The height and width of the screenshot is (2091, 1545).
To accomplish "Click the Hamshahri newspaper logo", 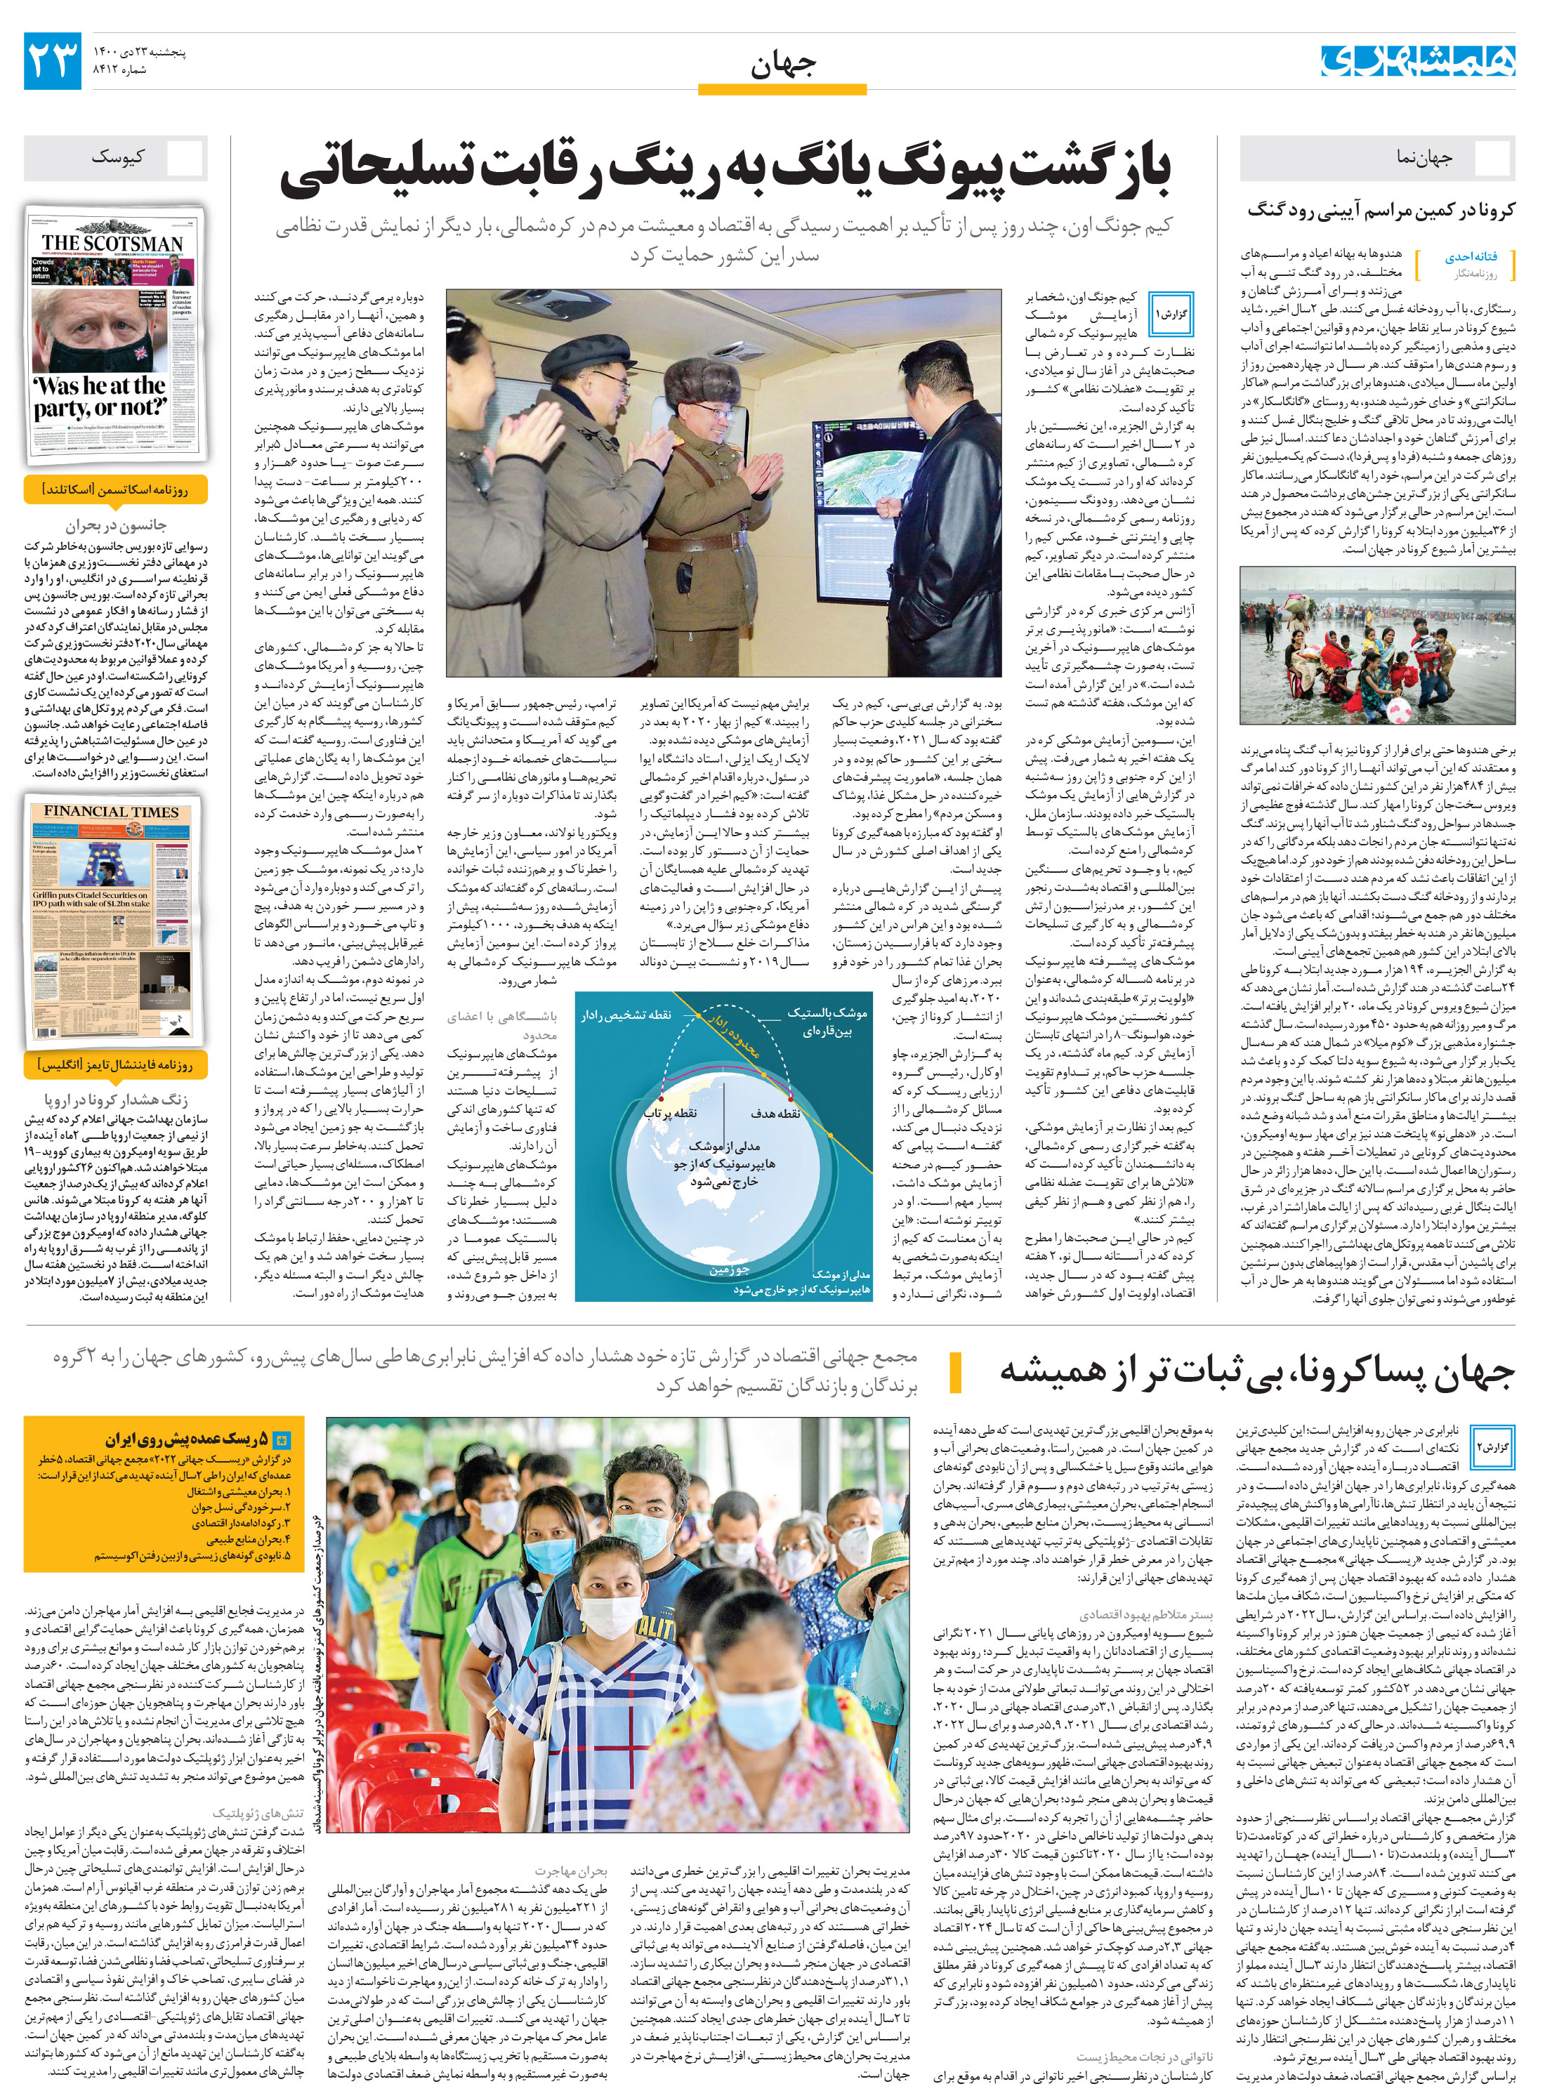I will [x=1417, y=60].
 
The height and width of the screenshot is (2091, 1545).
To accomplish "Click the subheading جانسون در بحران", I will [x=116, y=525].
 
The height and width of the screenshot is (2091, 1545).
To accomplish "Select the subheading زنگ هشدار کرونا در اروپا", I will [x=116, y=1100].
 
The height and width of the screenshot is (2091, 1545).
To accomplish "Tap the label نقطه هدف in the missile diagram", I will [x=775, y=1113].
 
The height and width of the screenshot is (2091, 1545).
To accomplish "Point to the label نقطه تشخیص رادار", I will [x=626, y=1015].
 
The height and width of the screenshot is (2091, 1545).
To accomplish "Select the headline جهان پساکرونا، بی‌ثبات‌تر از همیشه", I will [x=1257, y=1372].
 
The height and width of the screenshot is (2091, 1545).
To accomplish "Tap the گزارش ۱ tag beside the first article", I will [x=1170, y=313].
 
